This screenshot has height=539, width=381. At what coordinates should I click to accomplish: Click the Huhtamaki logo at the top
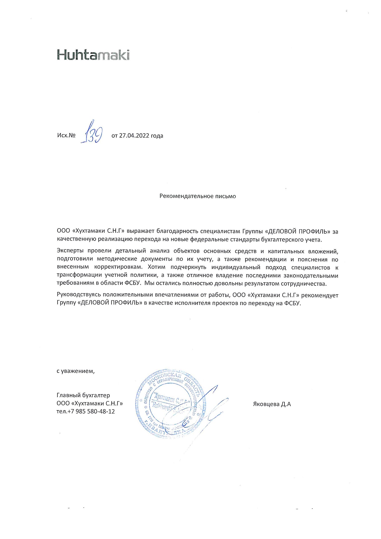pyautogui.click(x=93, y=55)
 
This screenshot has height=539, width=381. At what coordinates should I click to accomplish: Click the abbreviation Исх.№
pyautogui.click(x=66, y=136)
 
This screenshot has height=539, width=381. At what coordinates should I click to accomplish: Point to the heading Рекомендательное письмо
pyautogui.click(x=198, y=196)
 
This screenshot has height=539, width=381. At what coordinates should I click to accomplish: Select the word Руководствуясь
pyautogui.click(x=79, y=295)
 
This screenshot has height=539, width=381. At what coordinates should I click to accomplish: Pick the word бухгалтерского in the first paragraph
pyautogui.click(x=283, y=240)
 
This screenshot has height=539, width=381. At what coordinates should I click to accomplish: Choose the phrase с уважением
pyautogui.click(x=75, y=371)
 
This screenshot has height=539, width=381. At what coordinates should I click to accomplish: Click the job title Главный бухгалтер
pyautogui.click(x=83, y=395)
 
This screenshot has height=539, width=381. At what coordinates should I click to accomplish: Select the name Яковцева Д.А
pyautogui.click(x=272, y=404)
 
